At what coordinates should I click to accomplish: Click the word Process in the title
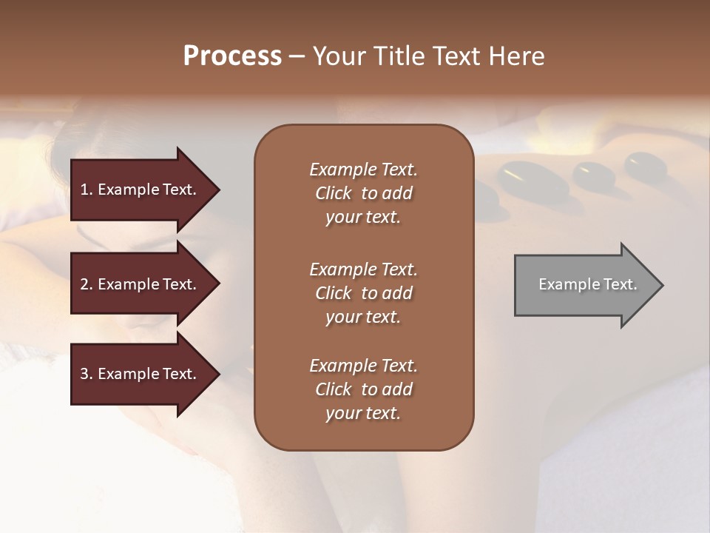tap(232, 56)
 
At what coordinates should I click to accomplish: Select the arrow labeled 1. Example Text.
tap(141, 190)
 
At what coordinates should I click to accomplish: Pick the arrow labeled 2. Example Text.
tap(141, 284)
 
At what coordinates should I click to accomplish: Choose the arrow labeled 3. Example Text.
tap(141, 374)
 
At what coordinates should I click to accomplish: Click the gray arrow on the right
tap(584, 284)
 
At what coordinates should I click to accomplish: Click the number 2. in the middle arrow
tap(87, 284)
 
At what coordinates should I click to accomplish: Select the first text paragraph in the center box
tap(363, 193)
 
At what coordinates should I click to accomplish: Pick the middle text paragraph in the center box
tap(363, 293)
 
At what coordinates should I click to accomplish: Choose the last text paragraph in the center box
tap(363, 389)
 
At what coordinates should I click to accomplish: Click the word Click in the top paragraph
tap(334, 193)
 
